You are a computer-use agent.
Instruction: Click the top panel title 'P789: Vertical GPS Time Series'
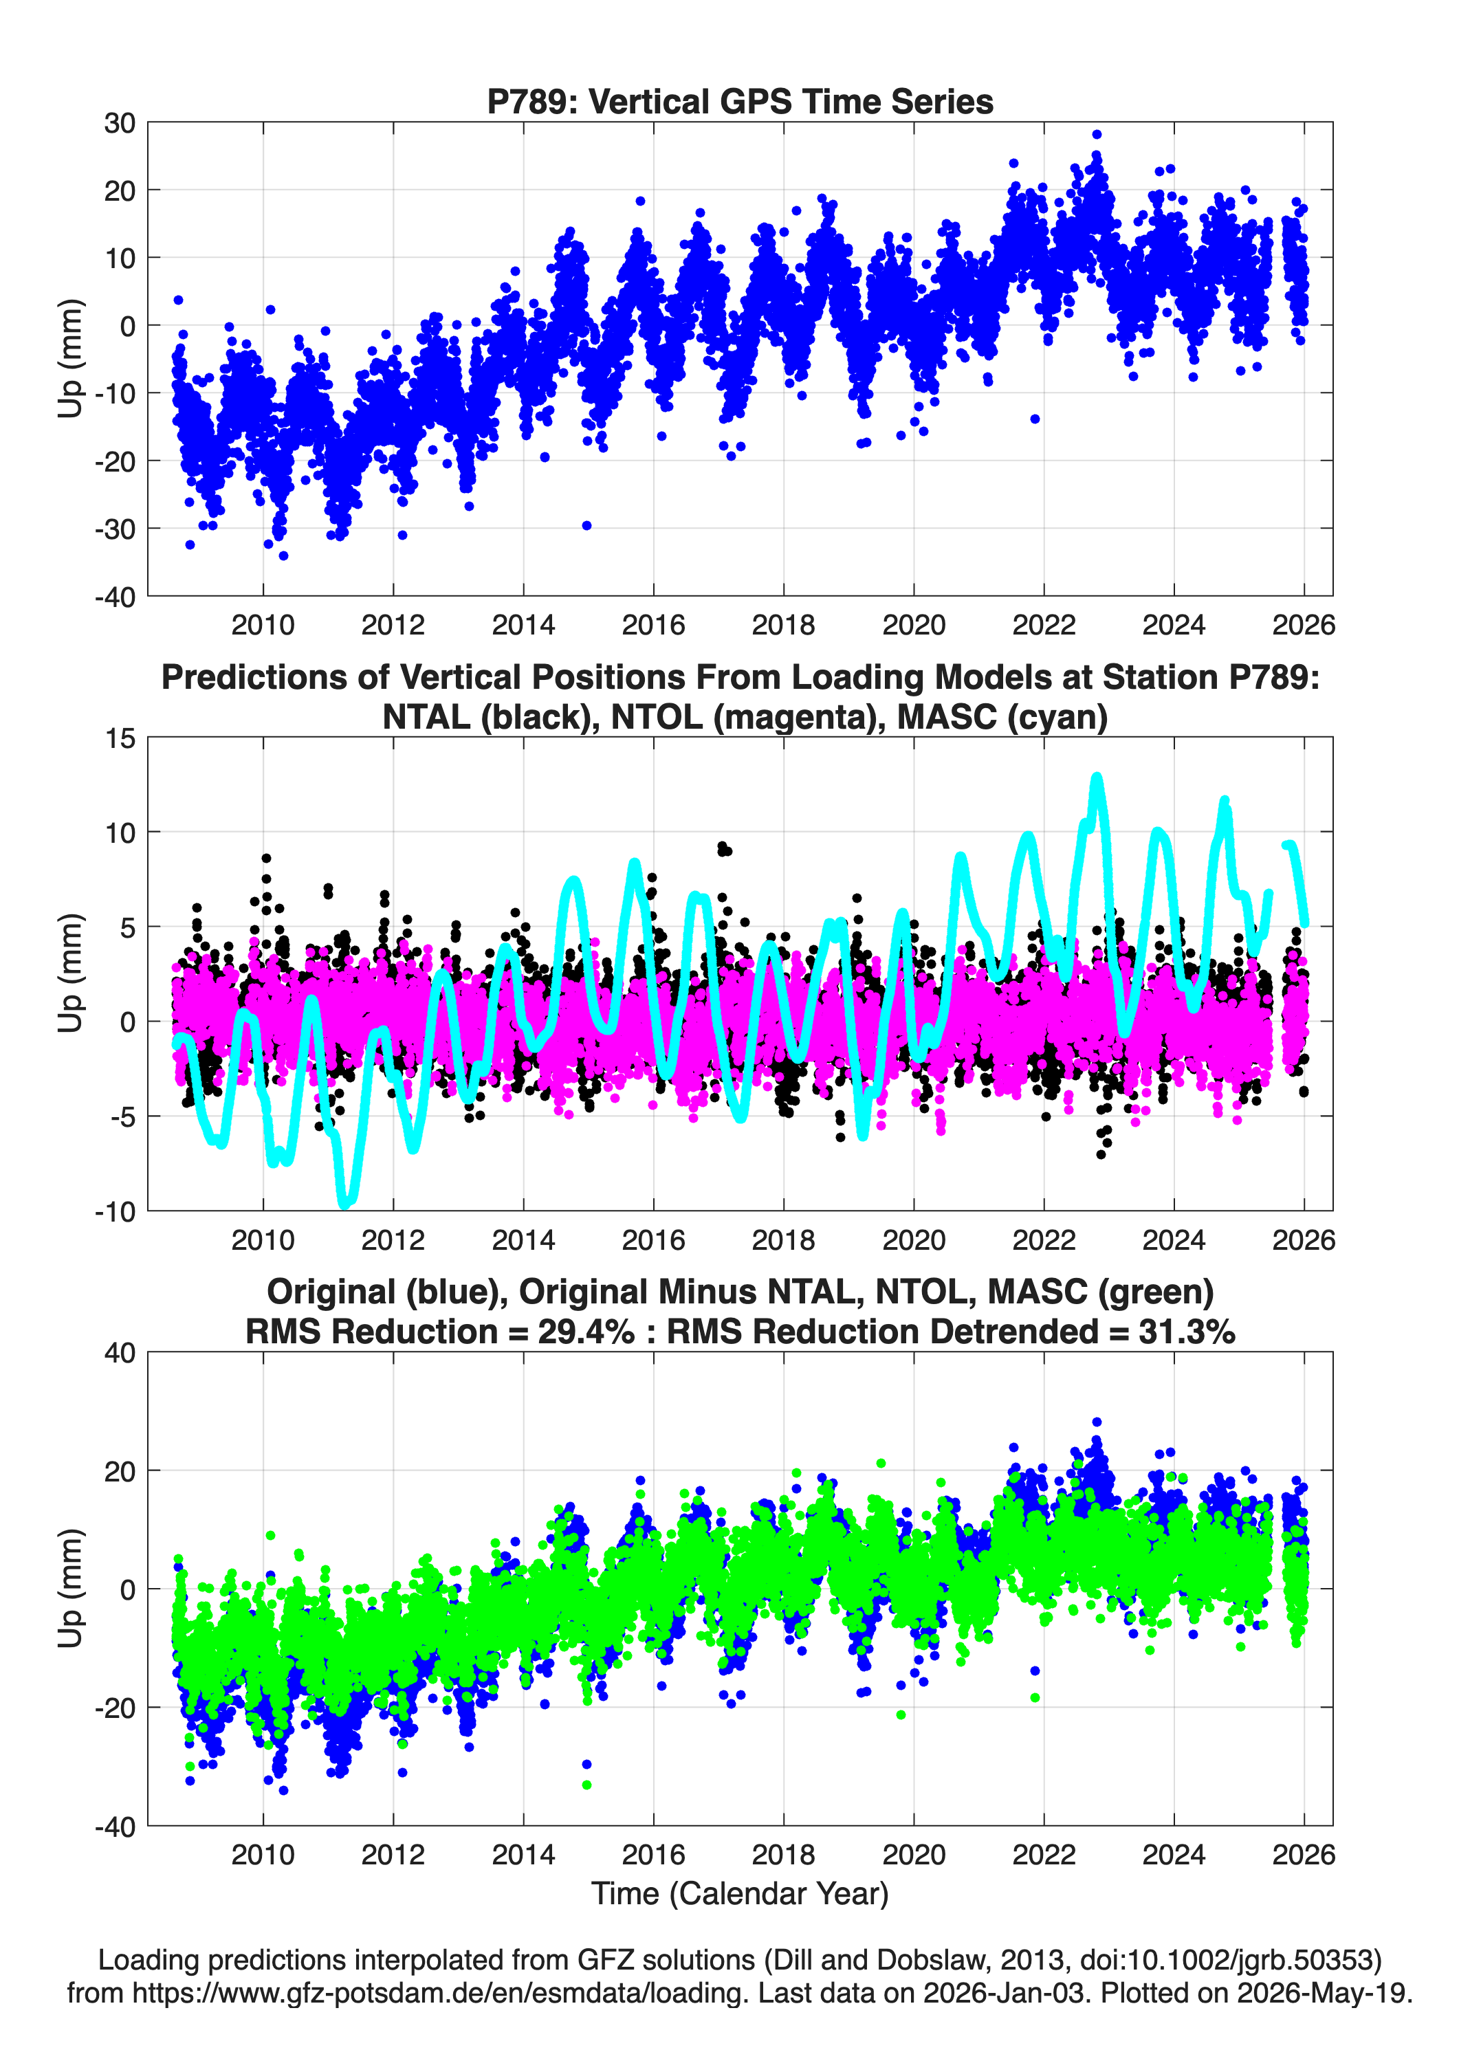point(740,101)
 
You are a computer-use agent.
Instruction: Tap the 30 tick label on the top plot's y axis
point(120,123)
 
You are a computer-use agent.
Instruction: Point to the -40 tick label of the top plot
point(115,597)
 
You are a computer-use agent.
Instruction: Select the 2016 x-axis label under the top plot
point(652,625)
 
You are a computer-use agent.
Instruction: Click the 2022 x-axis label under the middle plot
point(1044,1239)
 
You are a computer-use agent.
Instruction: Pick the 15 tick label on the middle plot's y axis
point(120,738)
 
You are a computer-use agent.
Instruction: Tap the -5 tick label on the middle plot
point(123,1116)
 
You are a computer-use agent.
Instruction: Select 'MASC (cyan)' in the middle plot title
point(1002,717)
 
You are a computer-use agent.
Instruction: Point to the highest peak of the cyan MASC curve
point(1097,778)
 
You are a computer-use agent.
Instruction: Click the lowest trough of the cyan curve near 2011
point(345,1204)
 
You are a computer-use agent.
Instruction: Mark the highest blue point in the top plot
point(1097,134)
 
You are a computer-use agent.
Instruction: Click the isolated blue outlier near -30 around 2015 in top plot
point(586,525)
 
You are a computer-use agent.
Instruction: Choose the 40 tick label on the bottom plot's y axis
point(120,1353)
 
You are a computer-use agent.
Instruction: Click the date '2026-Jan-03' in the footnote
point(1004,1992)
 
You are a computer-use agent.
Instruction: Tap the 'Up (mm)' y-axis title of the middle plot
point(71,973)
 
